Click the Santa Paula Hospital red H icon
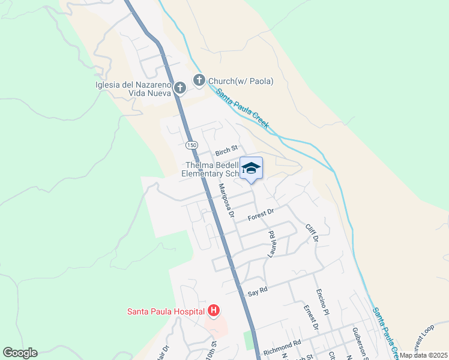(213, 311)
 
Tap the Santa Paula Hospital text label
(166, 311)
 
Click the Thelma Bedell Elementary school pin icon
(252, 168)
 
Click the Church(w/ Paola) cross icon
(199, 80)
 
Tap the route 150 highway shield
(191, 146)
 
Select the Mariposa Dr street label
(226, 199)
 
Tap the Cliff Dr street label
(310, 233)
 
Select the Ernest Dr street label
(310, 317)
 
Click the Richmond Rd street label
(282, 346)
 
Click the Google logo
(20, 353)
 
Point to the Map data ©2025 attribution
(424, 355)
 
